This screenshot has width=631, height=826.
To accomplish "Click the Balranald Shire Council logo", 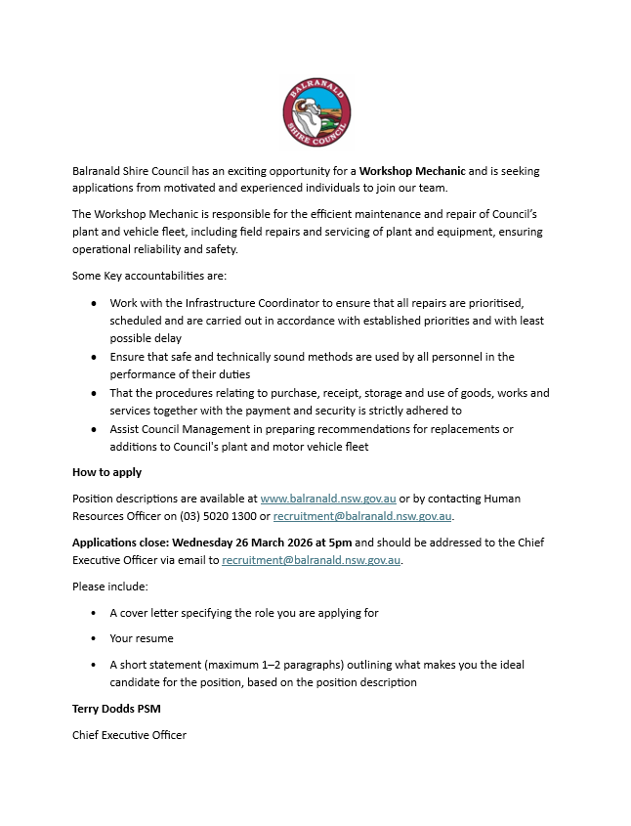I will tap(316, 113).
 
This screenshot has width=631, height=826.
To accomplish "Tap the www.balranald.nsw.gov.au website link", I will tap(328, 499).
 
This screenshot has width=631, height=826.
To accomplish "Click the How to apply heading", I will tap(106, 472).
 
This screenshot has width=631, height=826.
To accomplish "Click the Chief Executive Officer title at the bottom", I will tap(129, 734).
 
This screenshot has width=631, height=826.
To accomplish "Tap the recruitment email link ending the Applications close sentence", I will tap(311, 560).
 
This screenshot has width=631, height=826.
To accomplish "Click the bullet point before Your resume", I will tap(94, 638).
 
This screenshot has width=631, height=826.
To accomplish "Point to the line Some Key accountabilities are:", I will tap(148, 276).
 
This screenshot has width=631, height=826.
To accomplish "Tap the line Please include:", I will tap(110, 587).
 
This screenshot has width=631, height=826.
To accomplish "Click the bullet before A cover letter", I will tap(94, 613).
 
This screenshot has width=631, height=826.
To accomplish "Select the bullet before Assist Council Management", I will tap(94, 429).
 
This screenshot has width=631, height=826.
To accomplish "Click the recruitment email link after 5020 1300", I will tap(362, 516).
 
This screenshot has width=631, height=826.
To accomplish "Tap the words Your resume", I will tap(142, 638).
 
